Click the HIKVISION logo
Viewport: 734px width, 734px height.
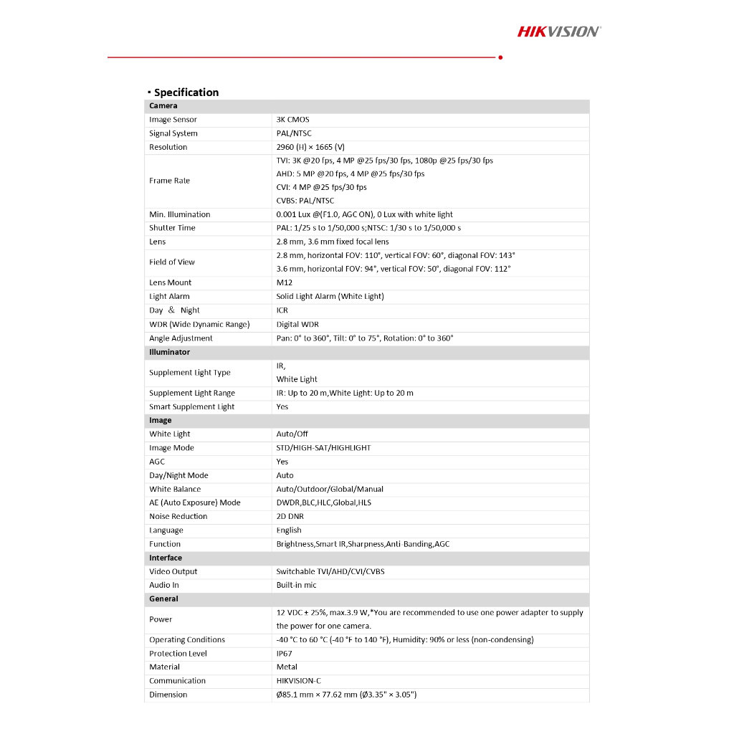559,31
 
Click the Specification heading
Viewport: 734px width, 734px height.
186,92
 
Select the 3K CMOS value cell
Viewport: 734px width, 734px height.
293,120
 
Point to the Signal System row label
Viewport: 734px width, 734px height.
173,133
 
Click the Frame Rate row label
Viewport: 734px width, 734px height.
170,181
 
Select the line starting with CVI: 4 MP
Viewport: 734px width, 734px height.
321,187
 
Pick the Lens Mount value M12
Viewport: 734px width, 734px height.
285,282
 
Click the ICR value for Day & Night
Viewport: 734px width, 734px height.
282,310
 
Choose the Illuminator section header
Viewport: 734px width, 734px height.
170,352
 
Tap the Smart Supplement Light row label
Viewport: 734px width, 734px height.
192,406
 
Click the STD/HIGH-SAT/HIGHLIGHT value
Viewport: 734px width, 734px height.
324,448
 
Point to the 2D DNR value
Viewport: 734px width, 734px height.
290,516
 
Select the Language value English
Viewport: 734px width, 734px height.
289,530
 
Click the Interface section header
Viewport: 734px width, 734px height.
166,558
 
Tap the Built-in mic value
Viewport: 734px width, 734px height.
297,585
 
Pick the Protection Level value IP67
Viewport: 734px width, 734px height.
285,654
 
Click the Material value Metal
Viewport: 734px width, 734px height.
287,667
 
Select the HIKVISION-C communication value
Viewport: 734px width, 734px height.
299,681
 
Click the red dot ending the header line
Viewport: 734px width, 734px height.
500,57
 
